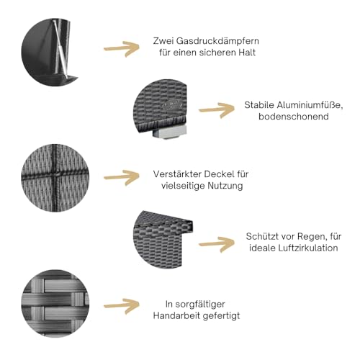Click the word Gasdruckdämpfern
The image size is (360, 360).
pos(217,41)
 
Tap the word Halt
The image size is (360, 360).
pos(247,53)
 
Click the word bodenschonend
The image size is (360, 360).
pos(294,117)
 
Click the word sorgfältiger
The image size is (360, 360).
pos(200,305)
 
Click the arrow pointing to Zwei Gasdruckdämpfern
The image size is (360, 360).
pos(122,49)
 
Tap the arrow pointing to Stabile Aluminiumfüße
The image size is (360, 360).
pos(217,110)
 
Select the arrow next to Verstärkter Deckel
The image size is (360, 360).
pos(122,178)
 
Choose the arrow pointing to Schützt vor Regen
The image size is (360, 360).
pos(217,244)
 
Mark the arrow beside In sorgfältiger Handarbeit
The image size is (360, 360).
pos(122,306)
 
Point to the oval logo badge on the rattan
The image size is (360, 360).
pos(173,105)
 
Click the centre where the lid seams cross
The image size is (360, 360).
pos(55,175)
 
